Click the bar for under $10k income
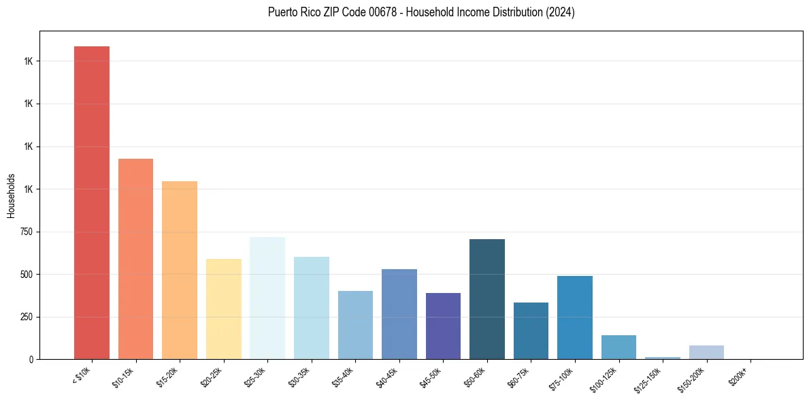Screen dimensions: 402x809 [x=92, y=202]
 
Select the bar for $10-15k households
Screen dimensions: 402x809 [x=135, y=259]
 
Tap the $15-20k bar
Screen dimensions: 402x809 [x=180, y=270]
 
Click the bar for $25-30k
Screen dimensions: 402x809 [x=267, y=298]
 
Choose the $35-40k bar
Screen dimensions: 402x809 [x=355, y=325]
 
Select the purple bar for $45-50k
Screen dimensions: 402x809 [x=443, y=326]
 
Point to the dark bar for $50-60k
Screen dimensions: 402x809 [x=487, y=299]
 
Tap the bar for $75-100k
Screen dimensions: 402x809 [x=575, y=318]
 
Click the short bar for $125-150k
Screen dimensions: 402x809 [x=663, y=358]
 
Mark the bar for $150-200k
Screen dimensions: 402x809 [x=706, y=352]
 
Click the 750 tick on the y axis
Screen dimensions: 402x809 [x=25, y=232]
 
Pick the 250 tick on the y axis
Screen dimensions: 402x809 [x=25, y=317]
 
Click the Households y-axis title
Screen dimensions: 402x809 [x=11, y=195]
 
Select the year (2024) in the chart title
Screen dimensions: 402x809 [x=560, y=12]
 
